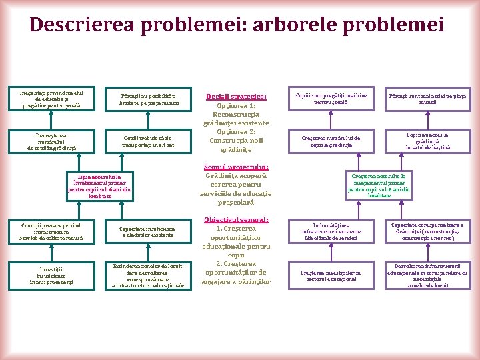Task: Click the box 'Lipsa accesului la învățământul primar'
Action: pyautogui.click(x=100, y=185)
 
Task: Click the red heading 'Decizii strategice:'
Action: pyautogui.click(x=236, y=97)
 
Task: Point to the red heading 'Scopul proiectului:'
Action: pyautogui.click(x=237, y=167)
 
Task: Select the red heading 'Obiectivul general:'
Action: pyautogui.click(x=236, y=219)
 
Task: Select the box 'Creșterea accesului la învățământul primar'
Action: pyautogui.click(x=379, y=185)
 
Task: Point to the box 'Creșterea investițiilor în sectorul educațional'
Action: pyautogui.click(x=330, y=275)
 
